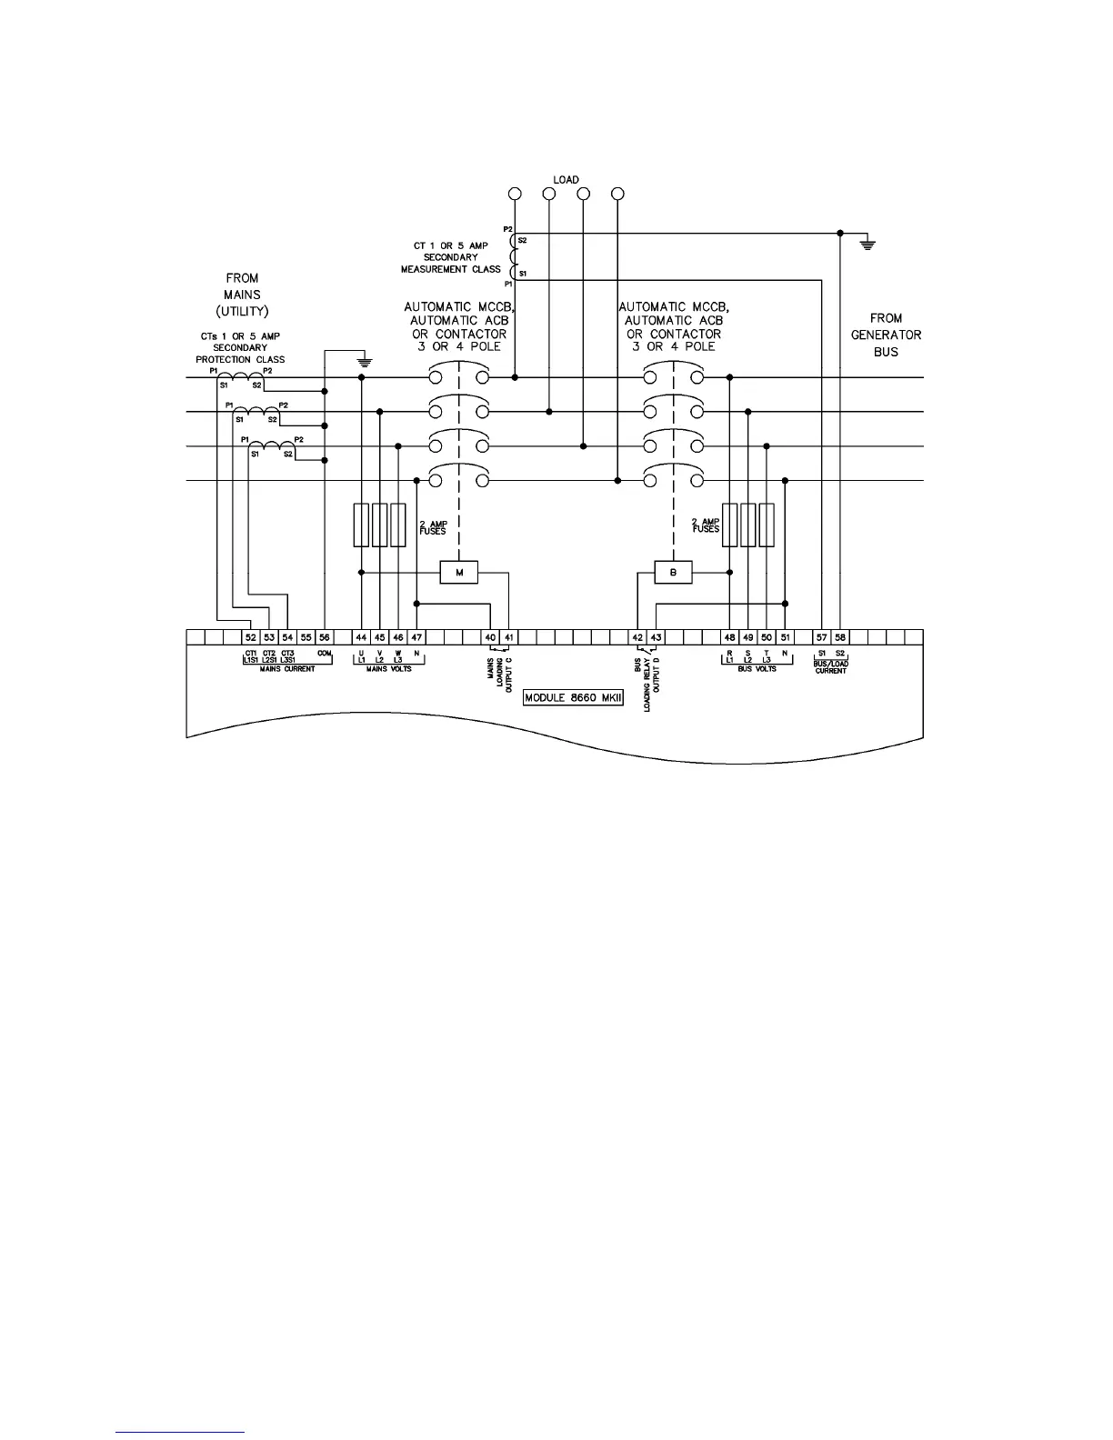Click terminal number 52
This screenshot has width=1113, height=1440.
pos(251,638)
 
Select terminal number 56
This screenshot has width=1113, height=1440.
pos(325,638)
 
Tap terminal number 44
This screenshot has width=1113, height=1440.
pos(362,638)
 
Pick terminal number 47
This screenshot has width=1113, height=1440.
pos(416,638)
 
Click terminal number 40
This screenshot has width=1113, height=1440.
pos(491,638)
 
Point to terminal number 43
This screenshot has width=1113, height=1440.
pos(657,638)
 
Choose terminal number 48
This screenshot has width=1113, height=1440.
pos(730,638)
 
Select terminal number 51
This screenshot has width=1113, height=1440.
pos(785,638)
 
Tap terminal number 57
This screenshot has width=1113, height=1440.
pos(822,638)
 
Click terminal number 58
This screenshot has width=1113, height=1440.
pos(840,638)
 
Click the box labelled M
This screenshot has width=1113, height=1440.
pos(459,573)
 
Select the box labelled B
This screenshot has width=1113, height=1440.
pos(673,573)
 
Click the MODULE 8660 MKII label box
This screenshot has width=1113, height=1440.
pos(573,698)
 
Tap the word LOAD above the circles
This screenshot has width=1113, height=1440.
pos(566,180)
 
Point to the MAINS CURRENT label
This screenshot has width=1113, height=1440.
pos(287,669)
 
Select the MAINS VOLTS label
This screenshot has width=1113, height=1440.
pos(388,669)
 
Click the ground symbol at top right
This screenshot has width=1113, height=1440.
pos(868,244)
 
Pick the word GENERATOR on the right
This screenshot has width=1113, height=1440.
pos(886,335)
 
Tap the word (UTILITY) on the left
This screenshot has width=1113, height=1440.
pos(242,312)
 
